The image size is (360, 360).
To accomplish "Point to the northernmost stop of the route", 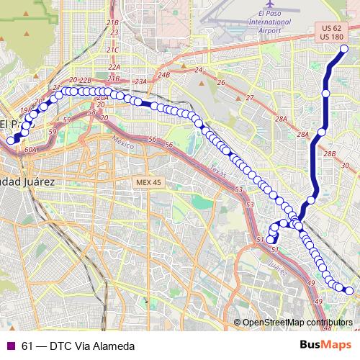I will [343, 48].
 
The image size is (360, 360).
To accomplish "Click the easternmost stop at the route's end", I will [349, 291].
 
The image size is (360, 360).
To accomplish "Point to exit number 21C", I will [112, 50].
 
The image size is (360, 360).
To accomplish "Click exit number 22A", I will [113, 67].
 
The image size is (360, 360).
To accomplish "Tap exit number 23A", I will [140, 82].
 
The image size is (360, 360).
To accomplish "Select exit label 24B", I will [164, 74].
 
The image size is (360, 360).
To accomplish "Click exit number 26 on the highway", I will [221, 83].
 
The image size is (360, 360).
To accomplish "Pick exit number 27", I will [250, 97].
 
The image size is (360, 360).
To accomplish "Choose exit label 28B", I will [330, 154].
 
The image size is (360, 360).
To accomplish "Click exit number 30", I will [345, 166].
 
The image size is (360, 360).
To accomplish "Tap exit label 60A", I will [30, 150].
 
